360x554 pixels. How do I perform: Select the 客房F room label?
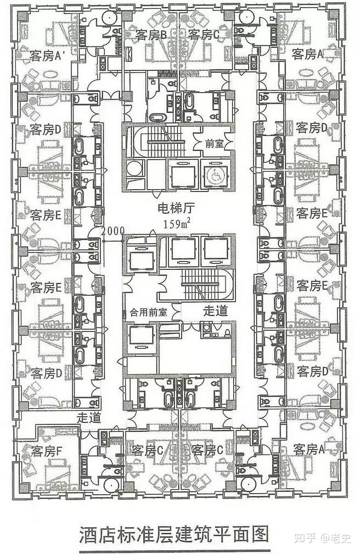point(47,452)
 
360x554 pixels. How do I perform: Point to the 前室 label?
point(214,144)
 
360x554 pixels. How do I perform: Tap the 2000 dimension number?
point(113,230)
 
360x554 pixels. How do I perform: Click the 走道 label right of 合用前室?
point(215,310)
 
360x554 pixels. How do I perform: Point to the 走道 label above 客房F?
point(89,417)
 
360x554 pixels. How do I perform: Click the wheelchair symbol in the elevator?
point(214,175)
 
